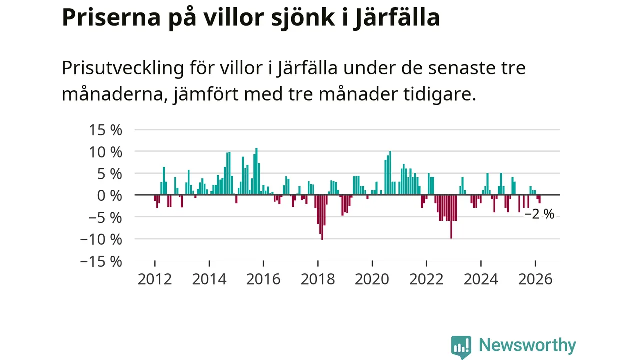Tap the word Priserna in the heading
[111, 18]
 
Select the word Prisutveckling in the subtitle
[123, 68]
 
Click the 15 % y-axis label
[105, 130]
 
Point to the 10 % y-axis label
[105, 152]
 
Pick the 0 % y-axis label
[109, 195]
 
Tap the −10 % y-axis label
[101, 239]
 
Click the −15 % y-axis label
[101, 261]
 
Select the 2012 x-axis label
[155, 279]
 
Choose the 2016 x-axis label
[263, 279]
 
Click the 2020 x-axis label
[372, 279]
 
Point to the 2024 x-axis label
[481, 279]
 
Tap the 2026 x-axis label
[535, 279]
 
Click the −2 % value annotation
[539, 214]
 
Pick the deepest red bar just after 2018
[322, 217]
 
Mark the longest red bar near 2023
[451, 216]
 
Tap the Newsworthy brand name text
[527, 345]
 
